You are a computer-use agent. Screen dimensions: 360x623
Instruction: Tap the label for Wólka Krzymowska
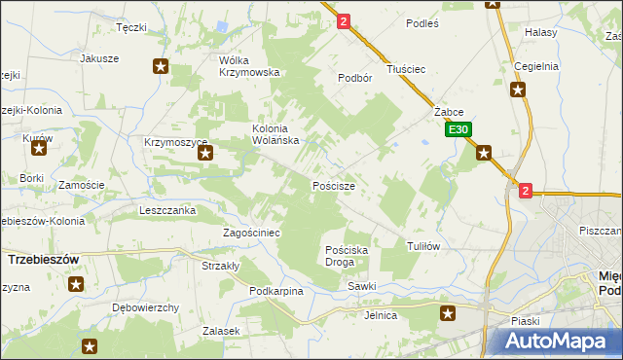click(x=249, y=66)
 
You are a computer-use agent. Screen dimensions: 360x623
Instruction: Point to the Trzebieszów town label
click(x=43, y=261)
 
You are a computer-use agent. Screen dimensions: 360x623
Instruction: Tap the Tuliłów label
click(x=423, y=246)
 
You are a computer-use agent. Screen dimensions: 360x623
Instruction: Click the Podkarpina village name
click(x=276, y=291)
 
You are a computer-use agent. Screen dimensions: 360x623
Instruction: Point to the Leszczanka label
click(x=168, y=210)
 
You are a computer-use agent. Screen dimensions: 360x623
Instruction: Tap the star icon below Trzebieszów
click(x=76, y=284)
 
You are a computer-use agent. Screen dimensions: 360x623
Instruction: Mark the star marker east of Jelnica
click(x=448, y=312)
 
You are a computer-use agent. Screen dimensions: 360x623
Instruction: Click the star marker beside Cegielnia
click(x=519, y=90)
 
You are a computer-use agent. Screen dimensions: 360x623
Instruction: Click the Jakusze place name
click(x=99, y=58)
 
